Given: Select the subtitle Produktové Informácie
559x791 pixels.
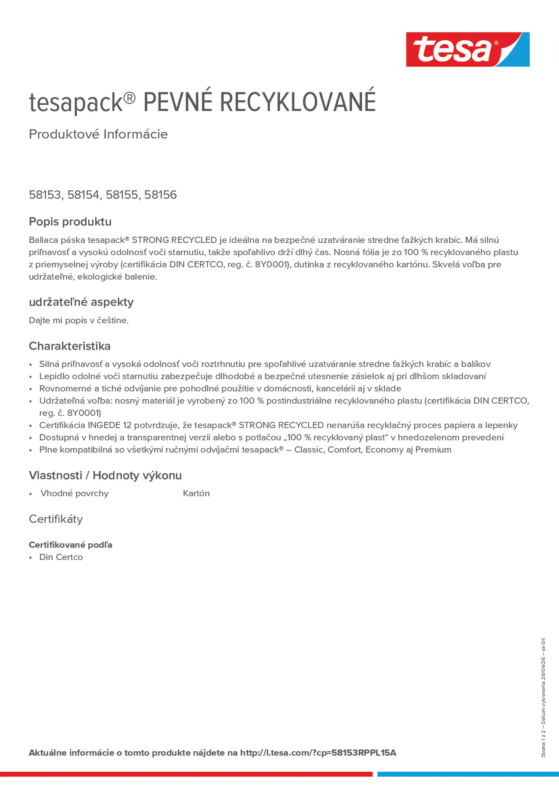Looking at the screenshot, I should pyautogui.click(x=98, y=134).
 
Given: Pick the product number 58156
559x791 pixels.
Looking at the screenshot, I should pyautogui.click(x=160, y=195).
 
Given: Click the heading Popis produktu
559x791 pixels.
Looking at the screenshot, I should pyautogui.click(x=70, y=222).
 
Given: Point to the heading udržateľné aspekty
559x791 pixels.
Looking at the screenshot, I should pyautogui.click(x=81, y=302).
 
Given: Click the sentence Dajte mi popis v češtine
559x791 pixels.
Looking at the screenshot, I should pyautogui.click(x=79, y=320).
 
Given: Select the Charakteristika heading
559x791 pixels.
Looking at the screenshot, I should pyautogui.click(x=70, y=346).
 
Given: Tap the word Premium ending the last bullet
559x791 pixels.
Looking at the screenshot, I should pyautogui.click(x=433, y=450).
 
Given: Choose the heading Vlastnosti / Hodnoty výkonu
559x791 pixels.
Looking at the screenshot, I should pyautogui.click(x=105, y=475).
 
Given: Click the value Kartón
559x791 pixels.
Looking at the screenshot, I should pyautogui.click(x=196, y=493).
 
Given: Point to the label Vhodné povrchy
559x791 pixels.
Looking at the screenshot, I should pyautogui.click(x=74, y=493).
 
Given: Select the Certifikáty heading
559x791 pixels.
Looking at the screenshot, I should pyautogui.click(x=56, y=519).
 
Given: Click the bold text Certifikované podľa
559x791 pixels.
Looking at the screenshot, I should pyautogui.click(x=70, y=545).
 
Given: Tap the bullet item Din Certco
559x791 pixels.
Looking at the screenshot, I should pyautogui.click(x=61, y=557).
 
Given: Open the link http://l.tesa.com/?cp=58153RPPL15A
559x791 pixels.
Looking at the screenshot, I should pyautogui.click(x=318, y=753).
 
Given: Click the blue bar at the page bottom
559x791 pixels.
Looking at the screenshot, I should pyautogui.click(x=468, y=774).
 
